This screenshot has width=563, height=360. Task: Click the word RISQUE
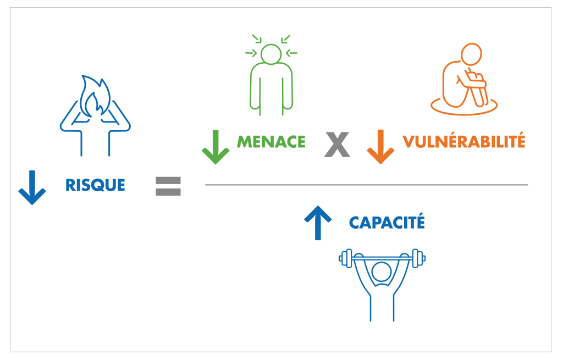click(x=95, y=185)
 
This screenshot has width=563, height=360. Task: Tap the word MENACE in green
click(x=271, y=142)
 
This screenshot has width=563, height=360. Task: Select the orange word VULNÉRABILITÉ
click(x=463, y=142)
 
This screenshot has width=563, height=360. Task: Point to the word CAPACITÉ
click(x=387, y=223)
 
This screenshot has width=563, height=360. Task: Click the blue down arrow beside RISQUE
click(x=32, y=187)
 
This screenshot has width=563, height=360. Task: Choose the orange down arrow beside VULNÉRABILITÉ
click(x=380, y=146)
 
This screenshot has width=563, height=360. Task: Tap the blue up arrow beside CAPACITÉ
click(x=318, y=221)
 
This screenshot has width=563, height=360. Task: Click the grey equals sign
click(x=168, y=186)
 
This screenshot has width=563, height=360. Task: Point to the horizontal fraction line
click(x=366, y=185)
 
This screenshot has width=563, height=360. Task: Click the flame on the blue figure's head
click(x=95, y=96)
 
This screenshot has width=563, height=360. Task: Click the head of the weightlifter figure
click(x=381, y=272)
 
